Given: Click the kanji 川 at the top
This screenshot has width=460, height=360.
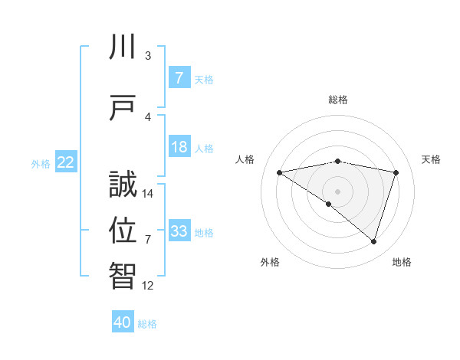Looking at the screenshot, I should tap(123, 47).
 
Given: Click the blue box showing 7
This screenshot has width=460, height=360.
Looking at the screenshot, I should tap(179, 77).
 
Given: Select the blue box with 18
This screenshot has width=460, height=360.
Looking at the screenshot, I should tap(179, 147).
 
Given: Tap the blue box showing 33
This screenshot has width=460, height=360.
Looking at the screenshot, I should tap(179, 231).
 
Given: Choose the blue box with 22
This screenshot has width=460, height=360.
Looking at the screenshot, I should tap(66, 162).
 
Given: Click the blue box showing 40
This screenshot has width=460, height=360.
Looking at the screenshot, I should tap(123, 322).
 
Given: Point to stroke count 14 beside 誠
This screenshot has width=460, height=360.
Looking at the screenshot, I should tap(148, 194).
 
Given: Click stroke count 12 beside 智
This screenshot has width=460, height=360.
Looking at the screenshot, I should tap(148, 285).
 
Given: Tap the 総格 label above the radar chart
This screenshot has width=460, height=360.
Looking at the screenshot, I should tap(337, 100).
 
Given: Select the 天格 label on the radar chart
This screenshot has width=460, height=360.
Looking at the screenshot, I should tap(431, 159).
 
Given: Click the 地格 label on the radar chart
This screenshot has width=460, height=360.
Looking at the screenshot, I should tap(402, 262).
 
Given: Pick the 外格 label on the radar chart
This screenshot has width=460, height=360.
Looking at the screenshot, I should tap(270, 262).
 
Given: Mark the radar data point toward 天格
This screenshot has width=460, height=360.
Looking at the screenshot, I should tap(396, 172).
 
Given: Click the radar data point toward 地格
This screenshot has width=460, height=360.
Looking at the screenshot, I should tap(373, 241).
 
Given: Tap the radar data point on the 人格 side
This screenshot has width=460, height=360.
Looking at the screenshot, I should tap(279, 172).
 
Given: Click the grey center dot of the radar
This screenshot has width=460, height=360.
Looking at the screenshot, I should tap(337, 191).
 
